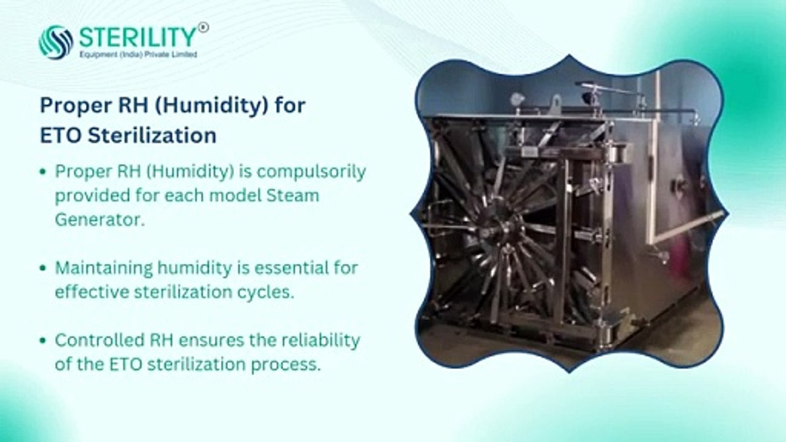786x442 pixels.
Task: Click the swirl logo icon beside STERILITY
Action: point(56,42)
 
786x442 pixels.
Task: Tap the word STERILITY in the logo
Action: point(138,37)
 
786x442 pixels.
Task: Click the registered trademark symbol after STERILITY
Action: point(203,28)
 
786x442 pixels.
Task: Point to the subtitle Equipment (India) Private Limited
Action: point(138,55)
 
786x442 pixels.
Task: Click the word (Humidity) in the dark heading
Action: point(211,105)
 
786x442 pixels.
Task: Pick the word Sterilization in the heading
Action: point(152,136)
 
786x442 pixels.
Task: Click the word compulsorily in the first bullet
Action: point(311,173)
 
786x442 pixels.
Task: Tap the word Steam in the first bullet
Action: point(293,196)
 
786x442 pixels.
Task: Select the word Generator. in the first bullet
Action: point(99,220)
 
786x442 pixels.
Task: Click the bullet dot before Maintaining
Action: point(43,268)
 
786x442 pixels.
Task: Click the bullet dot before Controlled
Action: point(43,340)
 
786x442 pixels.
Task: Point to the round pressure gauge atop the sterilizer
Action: point(516,99)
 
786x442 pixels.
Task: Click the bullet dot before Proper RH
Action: point(43,172)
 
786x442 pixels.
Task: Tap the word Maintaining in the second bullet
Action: point(104,269)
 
